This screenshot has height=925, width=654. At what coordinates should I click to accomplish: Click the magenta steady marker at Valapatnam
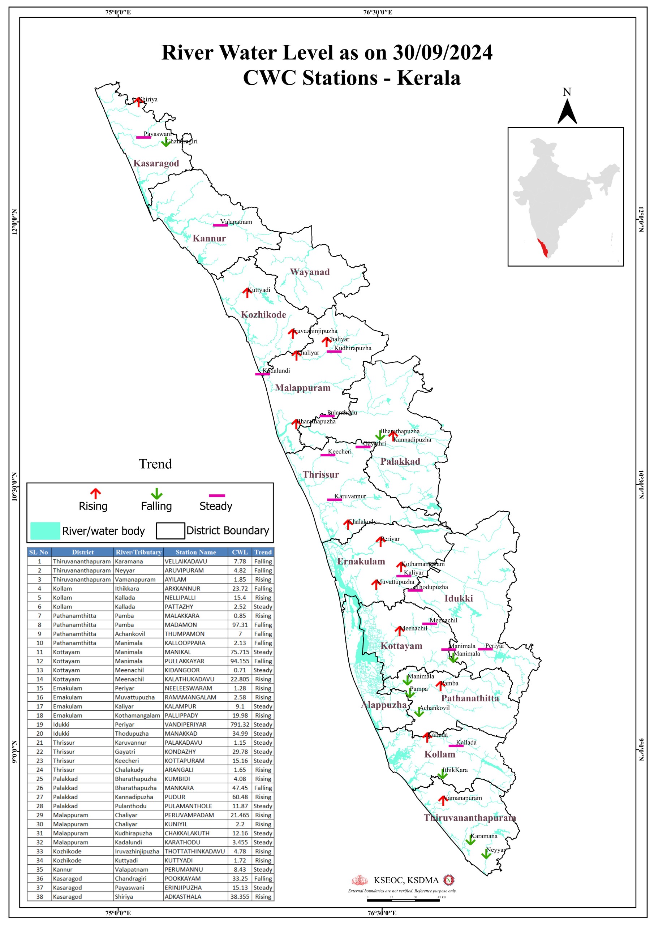(x=220, y=225)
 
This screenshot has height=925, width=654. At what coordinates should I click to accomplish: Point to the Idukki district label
(x=458, y=598)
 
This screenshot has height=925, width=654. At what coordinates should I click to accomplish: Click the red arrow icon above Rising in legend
(x=95, y=494)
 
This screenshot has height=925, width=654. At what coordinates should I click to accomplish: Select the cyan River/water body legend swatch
(x=45, y=530)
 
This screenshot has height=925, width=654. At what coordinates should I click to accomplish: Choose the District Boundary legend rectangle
(x=170, y=530)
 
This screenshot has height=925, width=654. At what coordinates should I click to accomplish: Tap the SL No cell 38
(x=39, y=897)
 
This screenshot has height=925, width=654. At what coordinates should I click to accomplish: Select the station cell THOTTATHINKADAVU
(x=194, y=851)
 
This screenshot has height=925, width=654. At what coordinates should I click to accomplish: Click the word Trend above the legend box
(x=155, y=464)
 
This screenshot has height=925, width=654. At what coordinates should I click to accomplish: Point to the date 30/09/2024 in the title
(x=443, y=53)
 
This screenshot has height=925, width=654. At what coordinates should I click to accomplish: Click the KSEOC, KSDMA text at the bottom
(x=406, y=880)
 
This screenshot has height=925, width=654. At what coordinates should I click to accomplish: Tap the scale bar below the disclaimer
(x=403, y=900)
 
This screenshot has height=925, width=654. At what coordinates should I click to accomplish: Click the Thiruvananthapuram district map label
(x=469, y=818)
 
